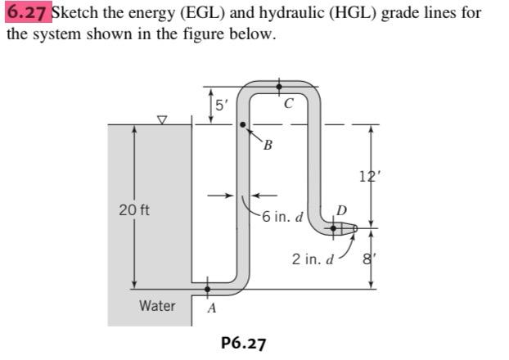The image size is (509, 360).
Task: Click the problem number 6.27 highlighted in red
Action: coord(28,14)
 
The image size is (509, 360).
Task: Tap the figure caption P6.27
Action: coord(244,342)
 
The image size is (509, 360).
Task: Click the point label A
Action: coord(211,308)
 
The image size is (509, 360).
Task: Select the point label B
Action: coord(267,146)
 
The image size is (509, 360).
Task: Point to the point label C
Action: coord(288,104)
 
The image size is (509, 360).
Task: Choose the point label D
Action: coord(341,212)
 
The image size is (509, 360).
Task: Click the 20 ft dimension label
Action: coord(134,210)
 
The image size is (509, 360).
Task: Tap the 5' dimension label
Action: coord(220,105)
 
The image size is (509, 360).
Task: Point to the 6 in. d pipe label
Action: coord(283,218)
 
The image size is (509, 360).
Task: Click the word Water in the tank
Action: coord(156,306)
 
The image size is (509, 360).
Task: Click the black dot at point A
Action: coord(208,288)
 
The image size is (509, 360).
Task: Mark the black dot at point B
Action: coord(243,125)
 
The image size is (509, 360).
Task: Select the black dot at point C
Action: coord(280,85)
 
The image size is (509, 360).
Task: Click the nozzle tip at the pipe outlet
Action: coord(354,231)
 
